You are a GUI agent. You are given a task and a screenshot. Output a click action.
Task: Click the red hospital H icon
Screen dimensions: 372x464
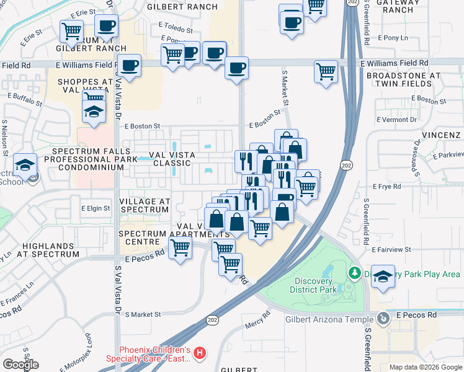[x=200, y=353]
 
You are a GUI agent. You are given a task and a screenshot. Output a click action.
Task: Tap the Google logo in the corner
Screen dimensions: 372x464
[x=20, y=365]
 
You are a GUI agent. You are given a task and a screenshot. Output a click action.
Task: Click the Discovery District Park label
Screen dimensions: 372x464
[x=313, y=285]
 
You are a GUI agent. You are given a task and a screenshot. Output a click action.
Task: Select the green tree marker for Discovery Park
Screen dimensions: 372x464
[x=354, y=273]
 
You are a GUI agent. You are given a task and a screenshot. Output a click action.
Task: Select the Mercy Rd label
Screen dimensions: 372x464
[x=258, y=322]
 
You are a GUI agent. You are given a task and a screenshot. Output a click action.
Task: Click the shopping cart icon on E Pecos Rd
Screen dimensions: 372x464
[x=180, y=249]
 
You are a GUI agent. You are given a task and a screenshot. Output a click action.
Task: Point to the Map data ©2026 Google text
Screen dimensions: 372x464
[x=426, y=367]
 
